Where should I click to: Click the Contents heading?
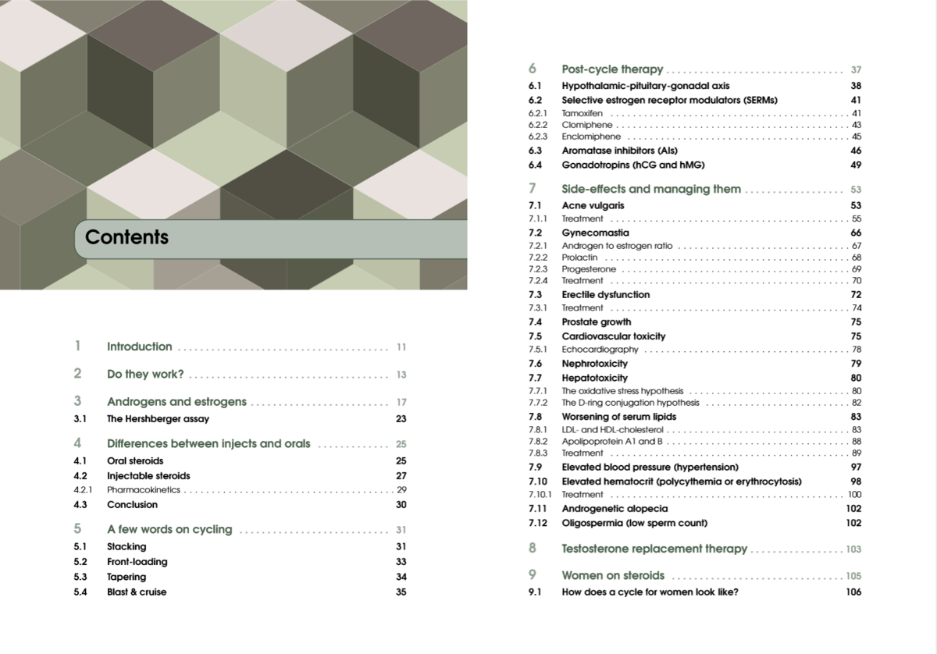[x=126, y=237]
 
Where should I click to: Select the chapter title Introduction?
[x=139, y=347]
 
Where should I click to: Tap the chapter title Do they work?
[x=145, y=375]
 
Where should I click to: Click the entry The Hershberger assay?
[x=158, y=419]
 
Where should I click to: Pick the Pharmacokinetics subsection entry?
[x=143, y=490]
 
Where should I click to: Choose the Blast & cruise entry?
[x=137, y=592]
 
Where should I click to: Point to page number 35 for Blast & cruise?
[x=401, y=592]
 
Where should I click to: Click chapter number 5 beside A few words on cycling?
[x=77, y=529]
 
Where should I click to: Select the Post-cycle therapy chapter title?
[x=612, y=69]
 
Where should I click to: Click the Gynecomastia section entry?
[x=595, y=233]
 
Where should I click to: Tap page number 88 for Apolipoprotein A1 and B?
[x=857, y=442]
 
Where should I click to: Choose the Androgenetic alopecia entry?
[x=615, y=509]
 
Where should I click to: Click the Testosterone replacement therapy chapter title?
[x=654, y=549]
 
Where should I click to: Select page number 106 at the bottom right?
[x=853, y=592]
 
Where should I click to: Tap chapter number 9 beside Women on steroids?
[x=533, y=575]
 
